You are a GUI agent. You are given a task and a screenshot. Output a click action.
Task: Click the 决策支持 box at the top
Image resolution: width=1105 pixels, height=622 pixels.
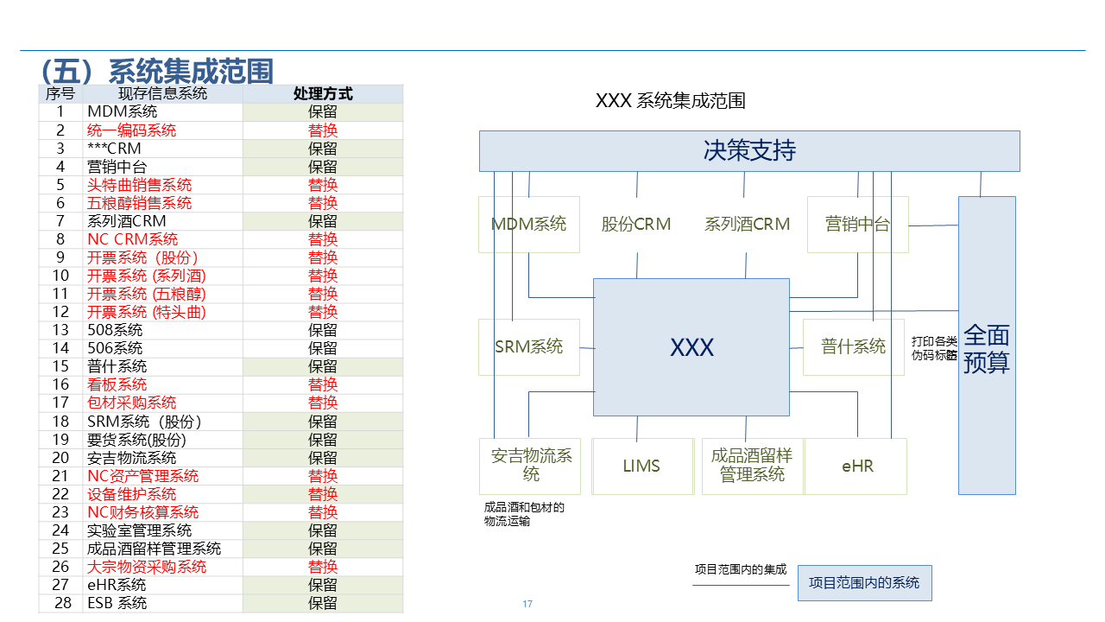click(749, 151)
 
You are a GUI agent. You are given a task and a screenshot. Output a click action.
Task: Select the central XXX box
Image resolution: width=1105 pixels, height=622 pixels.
click(691, 347)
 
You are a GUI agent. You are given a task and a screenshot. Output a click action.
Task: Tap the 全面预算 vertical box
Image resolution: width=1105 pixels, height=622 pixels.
click(987, 346)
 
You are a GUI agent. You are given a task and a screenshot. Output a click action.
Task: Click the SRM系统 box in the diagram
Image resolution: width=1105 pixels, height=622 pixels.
click(529, 347)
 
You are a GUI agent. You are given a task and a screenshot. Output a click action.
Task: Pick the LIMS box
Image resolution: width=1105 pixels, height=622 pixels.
click(641, 466)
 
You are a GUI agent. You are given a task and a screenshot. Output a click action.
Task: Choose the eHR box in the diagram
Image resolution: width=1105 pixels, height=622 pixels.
click(857, 466)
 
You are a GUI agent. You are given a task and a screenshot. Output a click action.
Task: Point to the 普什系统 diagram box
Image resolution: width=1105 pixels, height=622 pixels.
click(854, 347)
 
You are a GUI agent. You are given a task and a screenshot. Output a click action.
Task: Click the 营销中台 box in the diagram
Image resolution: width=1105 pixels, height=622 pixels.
click(857, 225)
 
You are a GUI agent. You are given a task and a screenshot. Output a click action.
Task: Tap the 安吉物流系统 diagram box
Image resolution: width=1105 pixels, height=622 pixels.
click(530, 466)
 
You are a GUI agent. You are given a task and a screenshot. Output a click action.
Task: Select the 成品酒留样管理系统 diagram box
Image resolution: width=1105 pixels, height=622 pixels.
click(752, 466)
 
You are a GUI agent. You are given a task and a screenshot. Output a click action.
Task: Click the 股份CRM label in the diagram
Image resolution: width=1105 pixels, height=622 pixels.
click(636, 225)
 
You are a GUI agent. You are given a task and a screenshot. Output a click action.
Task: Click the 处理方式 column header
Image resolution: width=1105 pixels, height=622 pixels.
click(323, 94)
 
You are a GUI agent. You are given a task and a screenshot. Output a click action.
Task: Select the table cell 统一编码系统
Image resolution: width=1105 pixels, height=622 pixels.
click(132, 130)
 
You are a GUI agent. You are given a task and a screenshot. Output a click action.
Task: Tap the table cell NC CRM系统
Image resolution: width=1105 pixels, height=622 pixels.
click(133, 239)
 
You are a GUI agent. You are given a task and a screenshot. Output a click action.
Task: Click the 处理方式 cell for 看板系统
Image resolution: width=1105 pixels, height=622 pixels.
click(323, 384)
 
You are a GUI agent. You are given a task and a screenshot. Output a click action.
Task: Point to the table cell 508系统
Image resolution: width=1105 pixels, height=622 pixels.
click(115, 330)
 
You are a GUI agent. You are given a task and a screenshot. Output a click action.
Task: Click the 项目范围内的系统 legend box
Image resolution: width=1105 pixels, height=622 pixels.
click(864, 583)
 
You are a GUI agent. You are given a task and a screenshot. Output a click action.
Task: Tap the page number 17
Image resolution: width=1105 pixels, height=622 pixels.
click(527, 604)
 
